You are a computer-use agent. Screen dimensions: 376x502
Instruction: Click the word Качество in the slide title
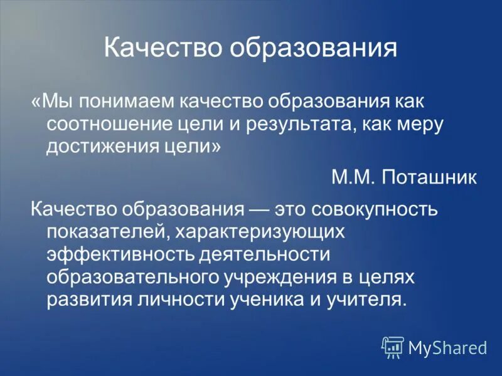click(x=162, y=48)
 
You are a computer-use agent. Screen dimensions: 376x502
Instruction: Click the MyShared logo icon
click(x=393, y=347)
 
